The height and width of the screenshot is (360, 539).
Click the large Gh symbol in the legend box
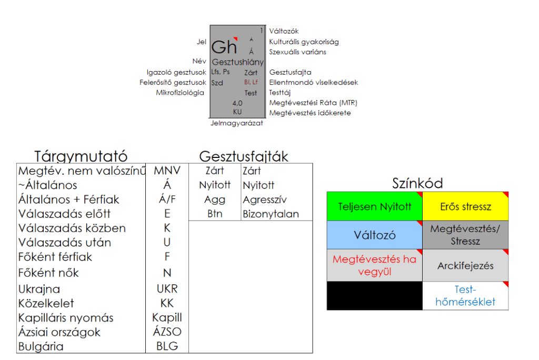(224, 47)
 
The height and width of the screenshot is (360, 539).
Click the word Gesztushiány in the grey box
(237, 62)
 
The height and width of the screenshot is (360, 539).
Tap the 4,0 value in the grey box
(237, 104)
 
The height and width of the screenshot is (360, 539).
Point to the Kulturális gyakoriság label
(304, 42)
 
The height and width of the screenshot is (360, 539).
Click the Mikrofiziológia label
(180, 93)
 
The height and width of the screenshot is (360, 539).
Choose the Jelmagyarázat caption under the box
(236, 124)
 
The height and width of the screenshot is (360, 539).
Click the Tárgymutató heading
(81, 156)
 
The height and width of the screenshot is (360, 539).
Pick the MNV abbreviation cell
(167, 171)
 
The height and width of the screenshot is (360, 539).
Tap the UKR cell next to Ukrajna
(167, 289)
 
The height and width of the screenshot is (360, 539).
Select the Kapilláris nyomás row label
(66, 318)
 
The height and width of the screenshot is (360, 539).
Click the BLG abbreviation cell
(167, 346)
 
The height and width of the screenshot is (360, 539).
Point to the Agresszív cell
(265, 199)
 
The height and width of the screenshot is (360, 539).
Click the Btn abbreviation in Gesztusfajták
(215, 214)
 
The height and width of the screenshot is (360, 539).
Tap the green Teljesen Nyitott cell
(374, 206)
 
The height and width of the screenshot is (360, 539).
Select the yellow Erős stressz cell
(465, 206)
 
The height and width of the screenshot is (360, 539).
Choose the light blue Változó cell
(374, 235)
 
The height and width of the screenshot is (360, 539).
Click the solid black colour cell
(374, 296)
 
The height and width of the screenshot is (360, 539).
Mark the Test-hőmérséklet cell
(465, 296)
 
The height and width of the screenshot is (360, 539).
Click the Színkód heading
(417, 183)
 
